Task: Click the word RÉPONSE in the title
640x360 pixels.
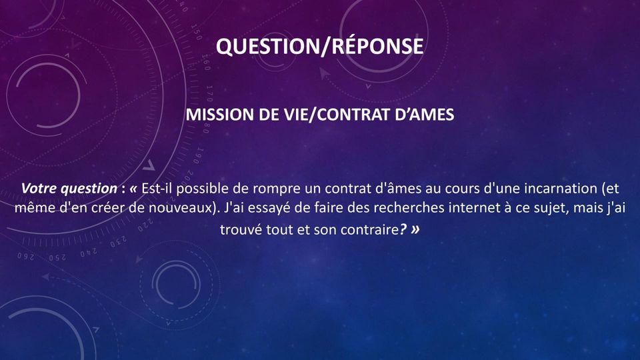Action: point(377,45)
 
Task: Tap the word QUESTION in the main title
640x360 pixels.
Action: point(268,46)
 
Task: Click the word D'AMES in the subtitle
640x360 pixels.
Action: point(425,115)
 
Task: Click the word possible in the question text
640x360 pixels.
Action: point(202,189)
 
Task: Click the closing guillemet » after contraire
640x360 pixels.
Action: point(415,230)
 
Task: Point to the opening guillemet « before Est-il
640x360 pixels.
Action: point(133,189)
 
